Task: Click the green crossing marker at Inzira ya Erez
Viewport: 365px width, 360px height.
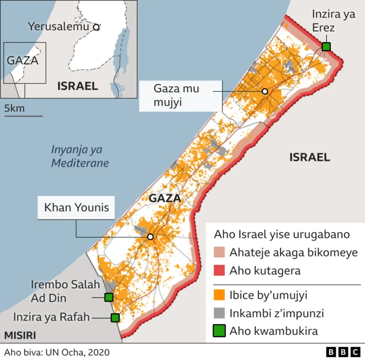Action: (326, 47)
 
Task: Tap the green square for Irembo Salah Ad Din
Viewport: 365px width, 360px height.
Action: (108, 297)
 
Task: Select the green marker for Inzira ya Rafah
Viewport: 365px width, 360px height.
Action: (115, 318)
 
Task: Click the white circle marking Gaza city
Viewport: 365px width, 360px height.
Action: (265, 92)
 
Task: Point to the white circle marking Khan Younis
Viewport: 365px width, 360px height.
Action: (150, 237)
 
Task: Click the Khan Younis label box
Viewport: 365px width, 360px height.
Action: (76, 208)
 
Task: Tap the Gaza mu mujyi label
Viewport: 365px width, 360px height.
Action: (179, 95)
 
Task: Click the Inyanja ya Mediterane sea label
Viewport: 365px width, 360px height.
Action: (80, 157)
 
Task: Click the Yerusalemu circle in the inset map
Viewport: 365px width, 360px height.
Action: (96, 27)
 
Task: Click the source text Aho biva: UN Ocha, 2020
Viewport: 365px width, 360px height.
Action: (56, 353)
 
